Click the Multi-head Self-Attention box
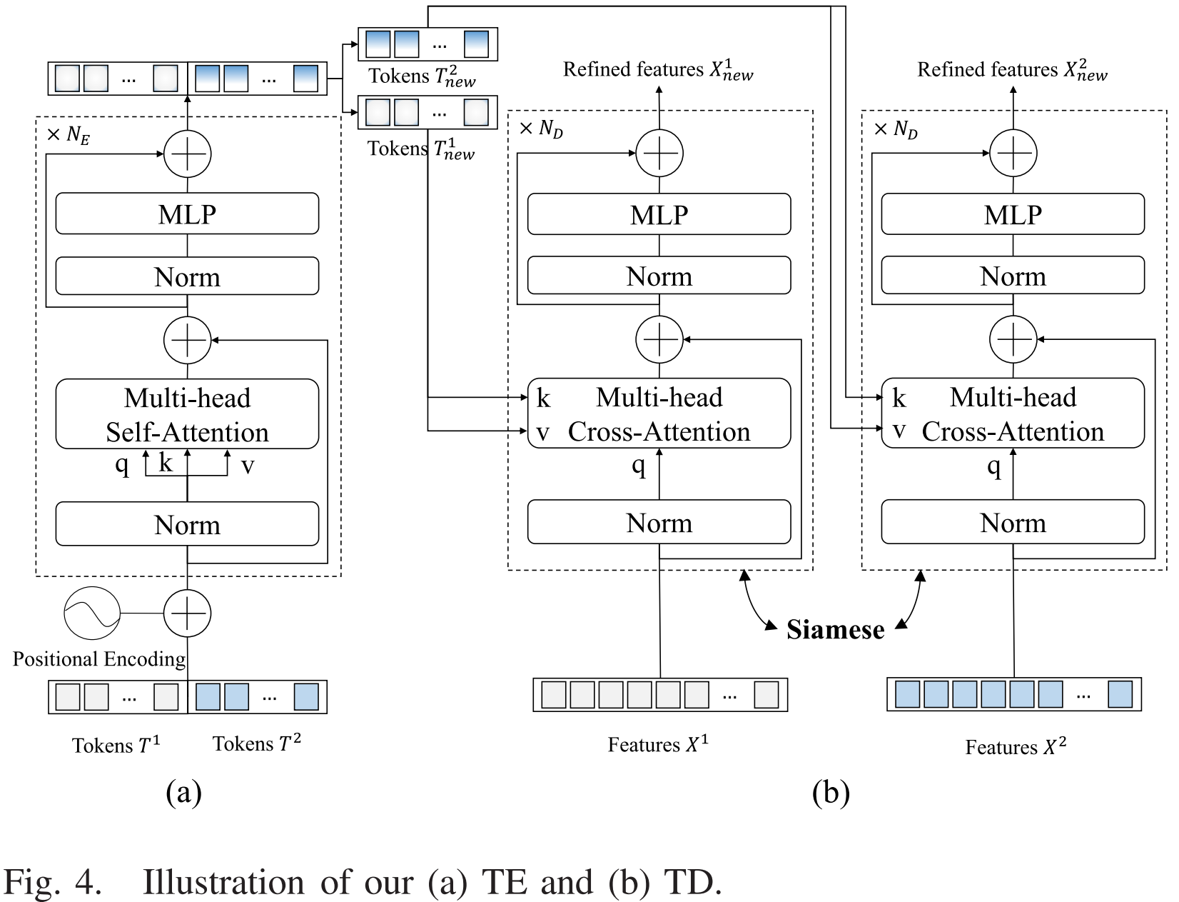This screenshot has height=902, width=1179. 187,414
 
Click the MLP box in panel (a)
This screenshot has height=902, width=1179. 187,214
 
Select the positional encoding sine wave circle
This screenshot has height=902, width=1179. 92,613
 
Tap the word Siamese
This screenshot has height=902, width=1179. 835,629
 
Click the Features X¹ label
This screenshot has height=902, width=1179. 658,744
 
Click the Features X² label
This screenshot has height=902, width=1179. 1015,747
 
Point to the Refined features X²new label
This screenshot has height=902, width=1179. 1012,70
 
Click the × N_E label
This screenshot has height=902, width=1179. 69,135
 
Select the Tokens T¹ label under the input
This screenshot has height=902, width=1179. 116,745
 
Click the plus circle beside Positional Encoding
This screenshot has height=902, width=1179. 187,613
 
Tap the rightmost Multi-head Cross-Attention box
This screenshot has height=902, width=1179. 1013,414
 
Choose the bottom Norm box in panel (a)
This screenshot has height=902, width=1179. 187,525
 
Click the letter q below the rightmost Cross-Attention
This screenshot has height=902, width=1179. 993,466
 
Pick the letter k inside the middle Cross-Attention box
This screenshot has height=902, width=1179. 543,398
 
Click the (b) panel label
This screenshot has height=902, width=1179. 830,792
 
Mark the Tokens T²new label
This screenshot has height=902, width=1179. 422,76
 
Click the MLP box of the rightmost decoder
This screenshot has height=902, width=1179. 1013,214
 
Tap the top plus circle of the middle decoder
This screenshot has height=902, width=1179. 659,153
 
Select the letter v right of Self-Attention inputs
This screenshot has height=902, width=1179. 247,466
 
